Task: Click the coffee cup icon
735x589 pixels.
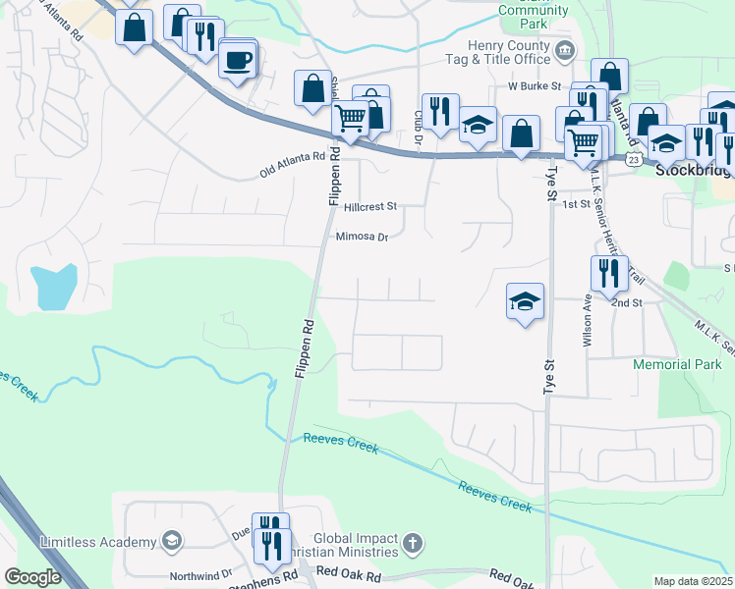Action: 237,62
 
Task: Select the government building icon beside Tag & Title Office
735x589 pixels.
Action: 565,51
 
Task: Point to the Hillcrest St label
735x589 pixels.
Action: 369,207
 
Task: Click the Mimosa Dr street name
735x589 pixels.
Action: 363,237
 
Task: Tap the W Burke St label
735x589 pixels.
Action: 534,86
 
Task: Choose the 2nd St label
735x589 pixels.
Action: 625,303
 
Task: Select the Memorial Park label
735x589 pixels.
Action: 678,364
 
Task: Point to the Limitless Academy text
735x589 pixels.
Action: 97,542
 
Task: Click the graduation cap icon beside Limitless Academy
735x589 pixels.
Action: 172,542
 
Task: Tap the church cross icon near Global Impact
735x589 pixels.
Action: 414,542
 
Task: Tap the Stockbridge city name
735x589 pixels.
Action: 694,170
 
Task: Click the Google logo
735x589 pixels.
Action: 32,577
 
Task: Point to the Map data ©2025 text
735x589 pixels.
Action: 693,581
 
